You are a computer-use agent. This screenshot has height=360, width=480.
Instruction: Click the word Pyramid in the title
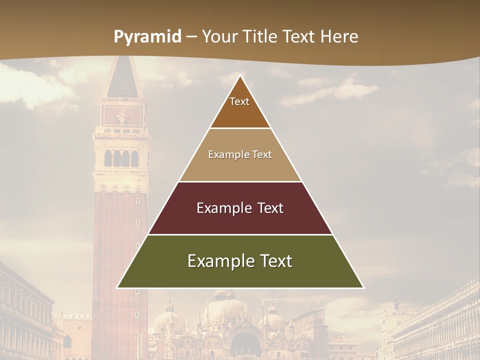(x=147, y=37)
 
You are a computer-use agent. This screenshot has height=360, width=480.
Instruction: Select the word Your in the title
(x=219, y=37)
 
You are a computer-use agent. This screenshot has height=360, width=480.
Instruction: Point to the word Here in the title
(x=340, y=37)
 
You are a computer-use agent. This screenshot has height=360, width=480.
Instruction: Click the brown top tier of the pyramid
(x=240, y=112)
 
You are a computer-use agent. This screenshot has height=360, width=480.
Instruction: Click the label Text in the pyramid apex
(x=239, y=101)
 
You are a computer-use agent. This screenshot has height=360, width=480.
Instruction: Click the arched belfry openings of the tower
(x=121, y=158)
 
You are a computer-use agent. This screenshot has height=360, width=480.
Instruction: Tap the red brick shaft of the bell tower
(x=120, y=250)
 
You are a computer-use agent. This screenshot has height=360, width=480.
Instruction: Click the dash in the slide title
(x=191, y=37)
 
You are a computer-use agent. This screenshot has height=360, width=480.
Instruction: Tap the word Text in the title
(x=299, y=37)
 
